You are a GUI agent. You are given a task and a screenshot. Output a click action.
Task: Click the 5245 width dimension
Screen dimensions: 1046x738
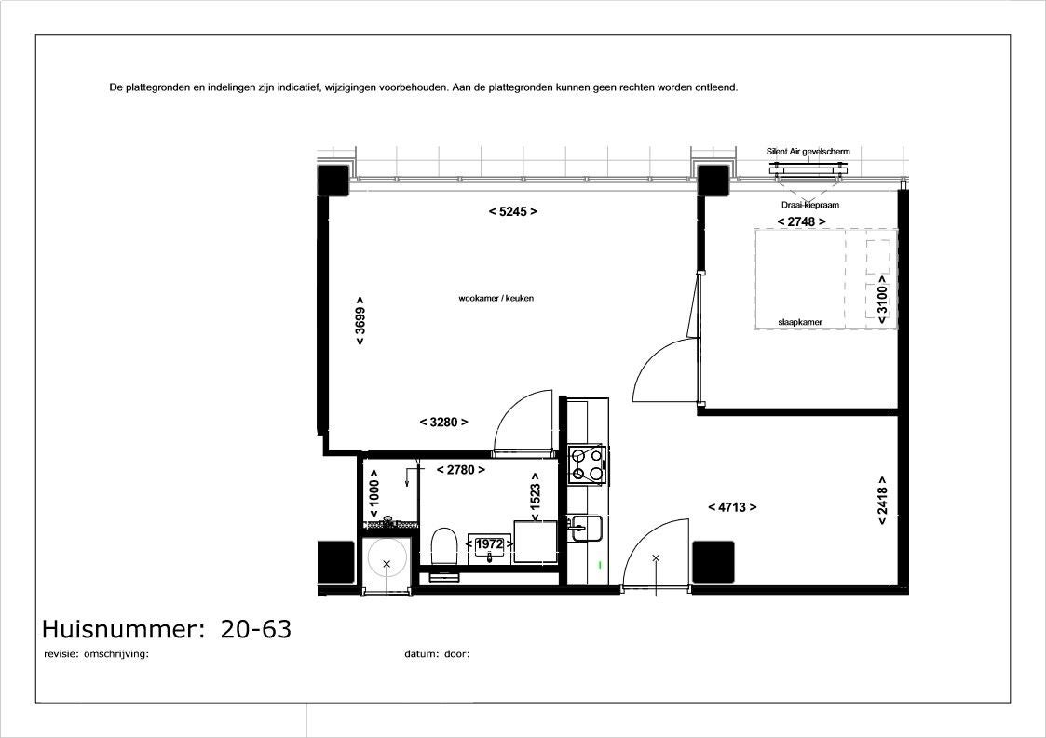513,212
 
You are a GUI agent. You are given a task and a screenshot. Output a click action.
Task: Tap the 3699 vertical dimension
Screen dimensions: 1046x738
360,321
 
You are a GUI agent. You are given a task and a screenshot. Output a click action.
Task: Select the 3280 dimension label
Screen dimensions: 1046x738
443,422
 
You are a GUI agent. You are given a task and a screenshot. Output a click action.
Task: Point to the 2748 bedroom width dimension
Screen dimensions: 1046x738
801,221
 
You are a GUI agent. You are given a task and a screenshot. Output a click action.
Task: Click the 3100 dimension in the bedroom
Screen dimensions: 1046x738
882,300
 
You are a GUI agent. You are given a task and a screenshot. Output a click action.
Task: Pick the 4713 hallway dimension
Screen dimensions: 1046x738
732,507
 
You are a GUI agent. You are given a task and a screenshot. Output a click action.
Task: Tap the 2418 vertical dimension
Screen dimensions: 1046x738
882,501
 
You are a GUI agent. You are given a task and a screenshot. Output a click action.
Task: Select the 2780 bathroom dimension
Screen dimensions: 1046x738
460,470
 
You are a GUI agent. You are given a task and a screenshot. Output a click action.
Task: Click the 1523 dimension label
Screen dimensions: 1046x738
535,497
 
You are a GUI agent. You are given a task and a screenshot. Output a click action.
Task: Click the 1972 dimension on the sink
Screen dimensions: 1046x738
490,544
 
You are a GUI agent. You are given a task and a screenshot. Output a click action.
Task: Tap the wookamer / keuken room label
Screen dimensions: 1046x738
496,298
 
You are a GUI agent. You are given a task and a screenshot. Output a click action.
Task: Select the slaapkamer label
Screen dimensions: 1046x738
800,322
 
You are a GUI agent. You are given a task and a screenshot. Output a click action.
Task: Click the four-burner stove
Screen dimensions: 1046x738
587,464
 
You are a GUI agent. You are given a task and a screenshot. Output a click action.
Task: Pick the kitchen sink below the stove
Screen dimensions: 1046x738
586,528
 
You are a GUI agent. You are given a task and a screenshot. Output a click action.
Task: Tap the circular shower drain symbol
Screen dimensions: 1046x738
387,564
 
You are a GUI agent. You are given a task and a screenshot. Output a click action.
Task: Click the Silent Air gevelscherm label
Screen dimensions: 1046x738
808,152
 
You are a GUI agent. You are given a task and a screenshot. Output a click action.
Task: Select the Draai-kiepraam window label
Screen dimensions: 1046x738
809,205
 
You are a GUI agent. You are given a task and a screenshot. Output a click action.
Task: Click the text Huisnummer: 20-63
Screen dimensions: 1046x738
167,629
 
